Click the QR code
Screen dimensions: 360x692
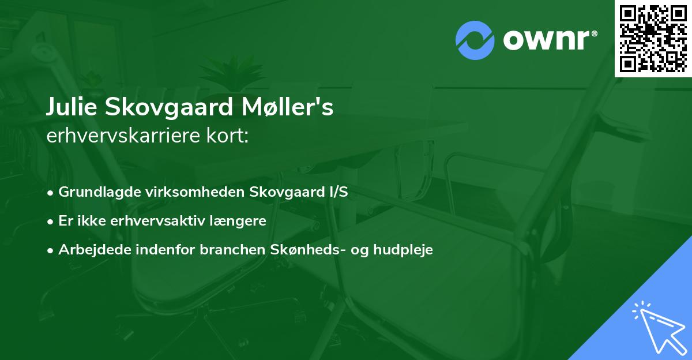pyautogui.click(x=653, y=38)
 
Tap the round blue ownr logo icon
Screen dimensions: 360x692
pyautogui.click(x=475, y=40)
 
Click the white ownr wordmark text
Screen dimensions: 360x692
pyautogui.click(x=550, y=40)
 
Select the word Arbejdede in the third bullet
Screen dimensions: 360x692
pyautogui.click(x=89, y=250)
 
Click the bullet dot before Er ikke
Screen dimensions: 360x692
pyautogui.click(x=51, y=222)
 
